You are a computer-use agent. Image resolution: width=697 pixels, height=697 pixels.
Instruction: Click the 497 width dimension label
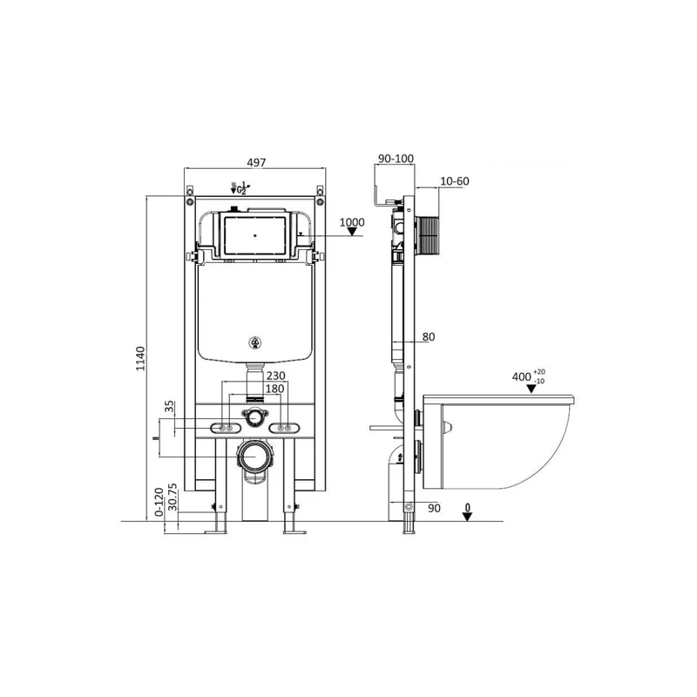coord(254,163)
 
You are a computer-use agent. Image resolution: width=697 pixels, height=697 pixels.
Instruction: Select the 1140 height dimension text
coord(139,358)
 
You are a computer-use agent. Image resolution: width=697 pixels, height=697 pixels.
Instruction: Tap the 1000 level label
coord(351,222)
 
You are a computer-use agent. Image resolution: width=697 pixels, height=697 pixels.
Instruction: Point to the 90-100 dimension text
coord(396,159)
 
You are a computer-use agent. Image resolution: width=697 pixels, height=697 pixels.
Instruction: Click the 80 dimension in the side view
coord(427,337)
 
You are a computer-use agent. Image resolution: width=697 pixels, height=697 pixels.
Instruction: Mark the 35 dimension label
coord(169,406)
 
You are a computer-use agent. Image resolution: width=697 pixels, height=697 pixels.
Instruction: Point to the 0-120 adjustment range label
coord(158,502)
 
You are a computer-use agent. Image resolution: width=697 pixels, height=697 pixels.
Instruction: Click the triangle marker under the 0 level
coord(468,516)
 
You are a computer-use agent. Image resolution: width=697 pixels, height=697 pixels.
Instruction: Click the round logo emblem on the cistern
coord(255,342)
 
